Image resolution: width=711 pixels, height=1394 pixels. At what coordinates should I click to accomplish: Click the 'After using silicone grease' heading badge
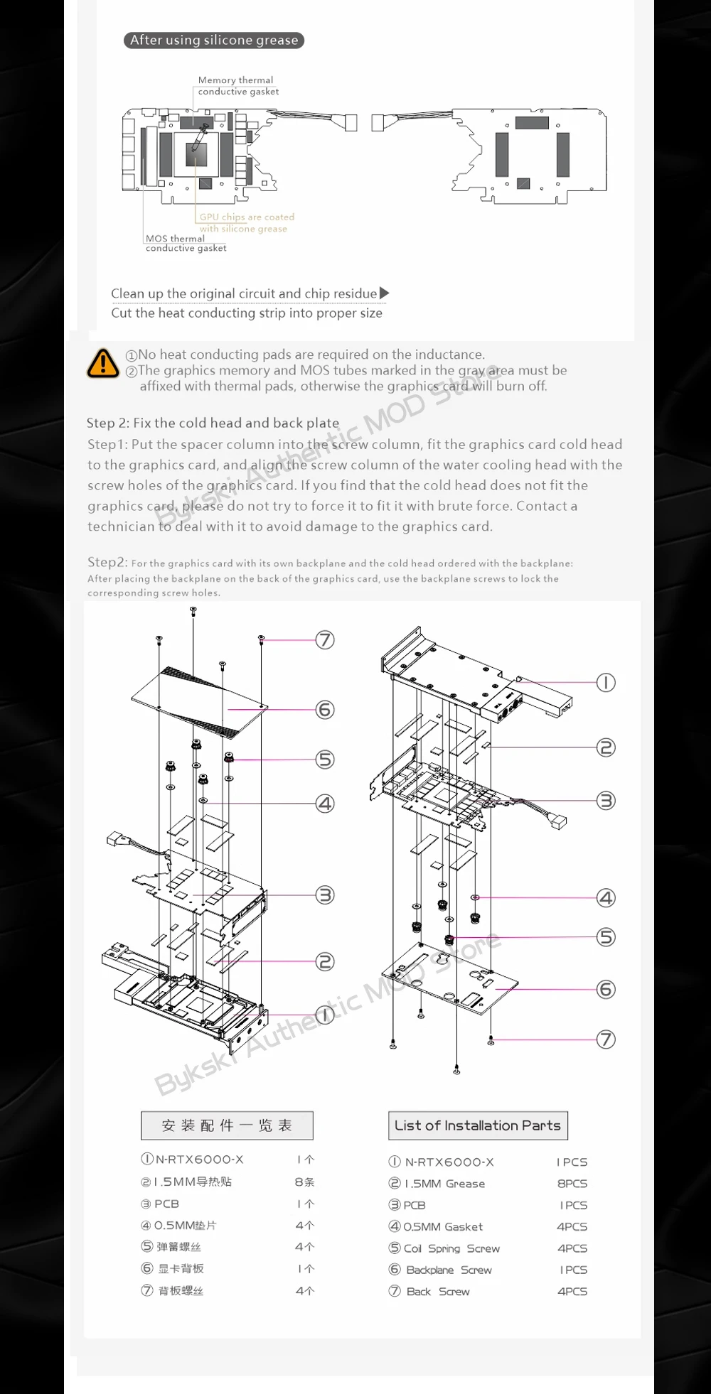tap(214, 40)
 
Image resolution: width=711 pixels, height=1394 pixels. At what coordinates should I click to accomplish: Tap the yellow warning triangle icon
tap(103, 363)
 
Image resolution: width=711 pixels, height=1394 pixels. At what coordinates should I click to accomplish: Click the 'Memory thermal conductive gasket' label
tap(237, 86)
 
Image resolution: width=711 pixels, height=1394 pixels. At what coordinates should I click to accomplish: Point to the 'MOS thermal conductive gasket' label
tap(186, 243)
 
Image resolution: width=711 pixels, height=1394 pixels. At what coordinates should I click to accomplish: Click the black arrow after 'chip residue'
tap(385, 293)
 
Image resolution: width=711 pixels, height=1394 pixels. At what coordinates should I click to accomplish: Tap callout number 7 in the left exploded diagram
tap(325, 640)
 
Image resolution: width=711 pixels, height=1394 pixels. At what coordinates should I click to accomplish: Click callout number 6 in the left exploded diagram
tap(325, 710)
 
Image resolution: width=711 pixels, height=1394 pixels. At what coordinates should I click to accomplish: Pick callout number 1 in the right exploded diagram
tap(606, 683)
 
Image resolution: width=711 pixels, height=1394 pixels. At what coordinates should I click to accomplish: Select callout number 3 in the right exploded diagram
tap(606, 801)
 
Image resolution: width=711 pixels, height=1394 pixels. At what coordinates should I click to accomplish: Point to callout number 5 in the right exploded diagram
tap(606, 937)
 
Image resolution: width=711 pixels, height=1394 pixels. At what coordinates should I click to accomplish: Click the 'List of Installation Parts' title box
tap(478, 1125)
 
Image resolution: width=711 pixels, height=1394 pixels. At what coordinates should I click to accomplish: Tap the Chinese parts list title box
tap(227, 1125)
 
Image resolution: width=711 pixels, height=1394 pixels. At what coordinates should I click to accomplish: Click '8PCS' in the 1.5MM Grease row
tap(572, 1184)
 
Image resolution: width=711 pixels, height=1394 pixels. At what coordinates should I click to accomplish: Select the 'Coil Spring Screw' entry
tap(451, 1248)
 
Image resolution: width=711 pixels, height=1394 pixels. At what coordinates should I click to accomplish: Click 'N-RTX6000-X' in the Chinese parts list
tap(199, 1160)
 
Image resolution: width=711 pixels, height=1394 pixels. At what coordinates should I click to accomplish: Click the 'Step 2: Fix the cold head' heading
tap(213, 423)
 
